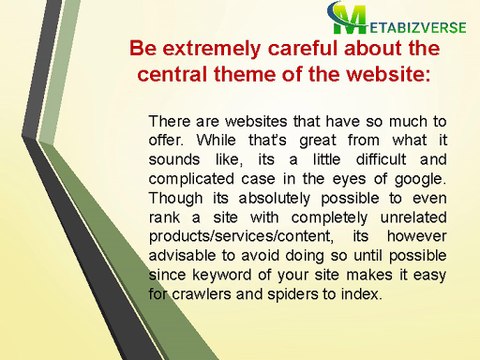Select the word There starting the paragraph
167,121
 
